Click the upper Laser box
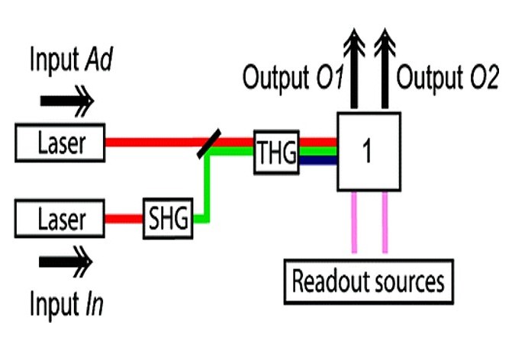coord(60,142)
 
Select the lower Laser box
coord(60,220)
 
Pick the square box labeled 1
coord(368,151)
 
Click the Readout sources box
coord(368,281)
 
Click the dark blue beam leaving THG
coord(317,160)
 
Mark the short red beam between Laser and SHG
coord(124,220)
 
